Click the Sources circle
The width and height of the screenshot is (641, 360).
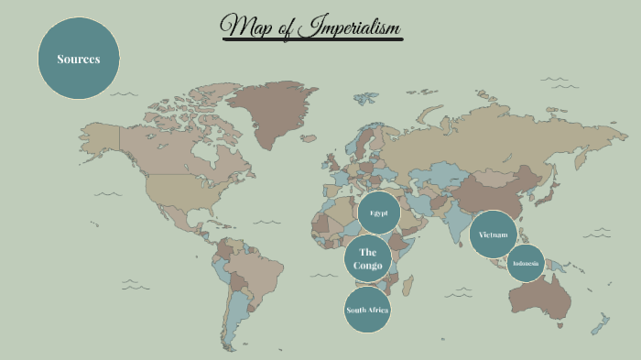(x=79, y=59)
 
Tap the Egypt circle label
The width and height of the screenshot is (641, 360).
(x=379, y=213)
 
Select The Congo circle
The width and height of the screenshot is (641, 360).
(x=368, y=258)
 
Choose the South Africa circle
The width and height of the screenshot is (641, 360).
(x=367, y=311)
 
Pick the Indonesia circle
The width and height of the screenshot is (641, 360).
(x=527, y=264)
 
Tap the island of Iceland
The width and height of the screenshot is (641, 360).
(x=310, y=139)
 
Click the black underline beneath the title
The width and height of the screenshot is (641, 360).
(x=311, y=39)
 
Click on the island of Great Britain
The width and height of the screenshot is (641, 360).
(x=331, y=165)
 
